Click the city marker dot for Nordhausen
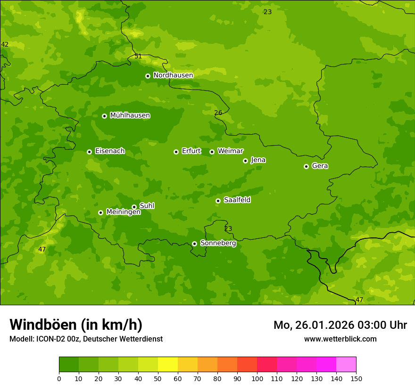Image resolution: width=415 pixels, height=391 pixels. coord(148,76)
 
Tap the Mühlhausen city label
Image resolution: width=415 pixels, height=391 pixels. coord(130,115)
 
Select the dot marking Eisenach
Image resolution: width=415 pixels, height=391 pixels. coord(89,152)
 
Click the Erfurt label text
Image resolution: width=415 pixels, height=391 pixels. coord(191,151)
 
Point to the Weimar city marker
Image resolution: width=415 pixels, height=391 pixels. coord(212,152)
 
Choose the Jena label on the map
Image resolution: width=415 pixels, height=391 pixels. coord(258,160)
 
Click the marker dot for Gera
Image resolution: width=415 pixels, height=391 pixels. coord(306,166)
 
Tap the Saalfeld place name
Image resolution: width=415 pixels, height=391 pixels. coord(237,200)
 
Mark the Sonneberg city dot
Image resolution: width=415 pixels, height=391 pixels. coord(194,244)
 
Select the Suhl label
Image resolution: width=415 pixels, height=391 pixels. coord(147,206)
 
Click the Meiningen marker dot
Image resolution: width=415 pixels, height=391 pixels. coord(100,212)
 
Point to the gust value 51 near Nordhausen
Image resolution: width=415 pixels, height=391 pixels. coord(138,56)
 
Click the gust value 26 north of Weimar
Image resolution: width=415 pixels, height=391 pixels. coord(218,113)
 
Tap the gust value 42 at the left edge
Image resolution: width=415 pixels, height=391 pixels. coord(5,45)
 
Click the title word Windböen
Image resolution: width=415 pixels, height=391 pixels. coord(43,325)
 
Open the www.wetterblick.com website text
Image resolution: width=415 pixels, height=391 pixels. coord(340,339)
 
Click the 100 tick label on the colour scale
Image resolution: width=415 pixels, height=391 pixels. coord(257,379)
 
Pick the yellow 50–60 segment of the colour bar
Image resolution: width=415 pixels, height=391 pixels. coord(168,365)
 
